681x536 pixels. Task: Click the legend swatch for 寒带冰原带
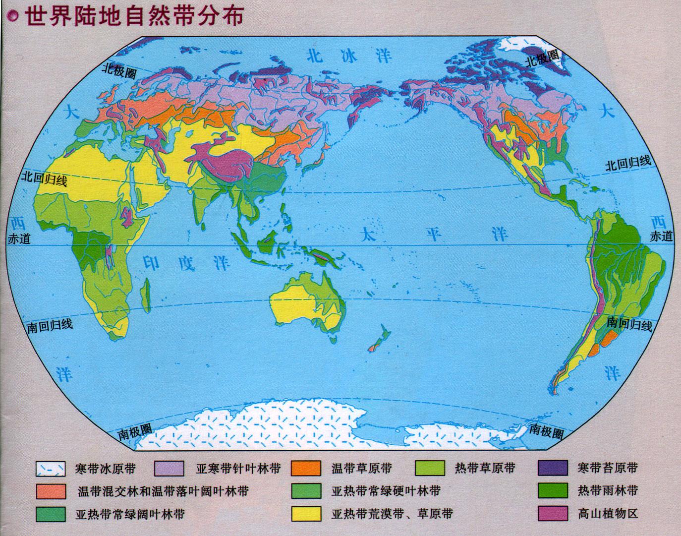pyautogui.click(x=51, y=468)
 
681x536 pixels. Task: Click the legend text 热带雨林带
pyautogui.click(x=607, y=490)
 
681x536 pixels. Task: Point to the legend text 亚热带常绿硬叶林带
pyautogui.click(x=386, y=491)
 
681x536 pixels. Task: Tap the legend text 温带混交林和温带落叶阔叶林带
pyautogui.click(x=163, y=491)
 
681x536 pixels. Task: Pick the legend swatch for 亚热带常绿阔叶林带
pyautogui.click(x=51, y=513)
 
